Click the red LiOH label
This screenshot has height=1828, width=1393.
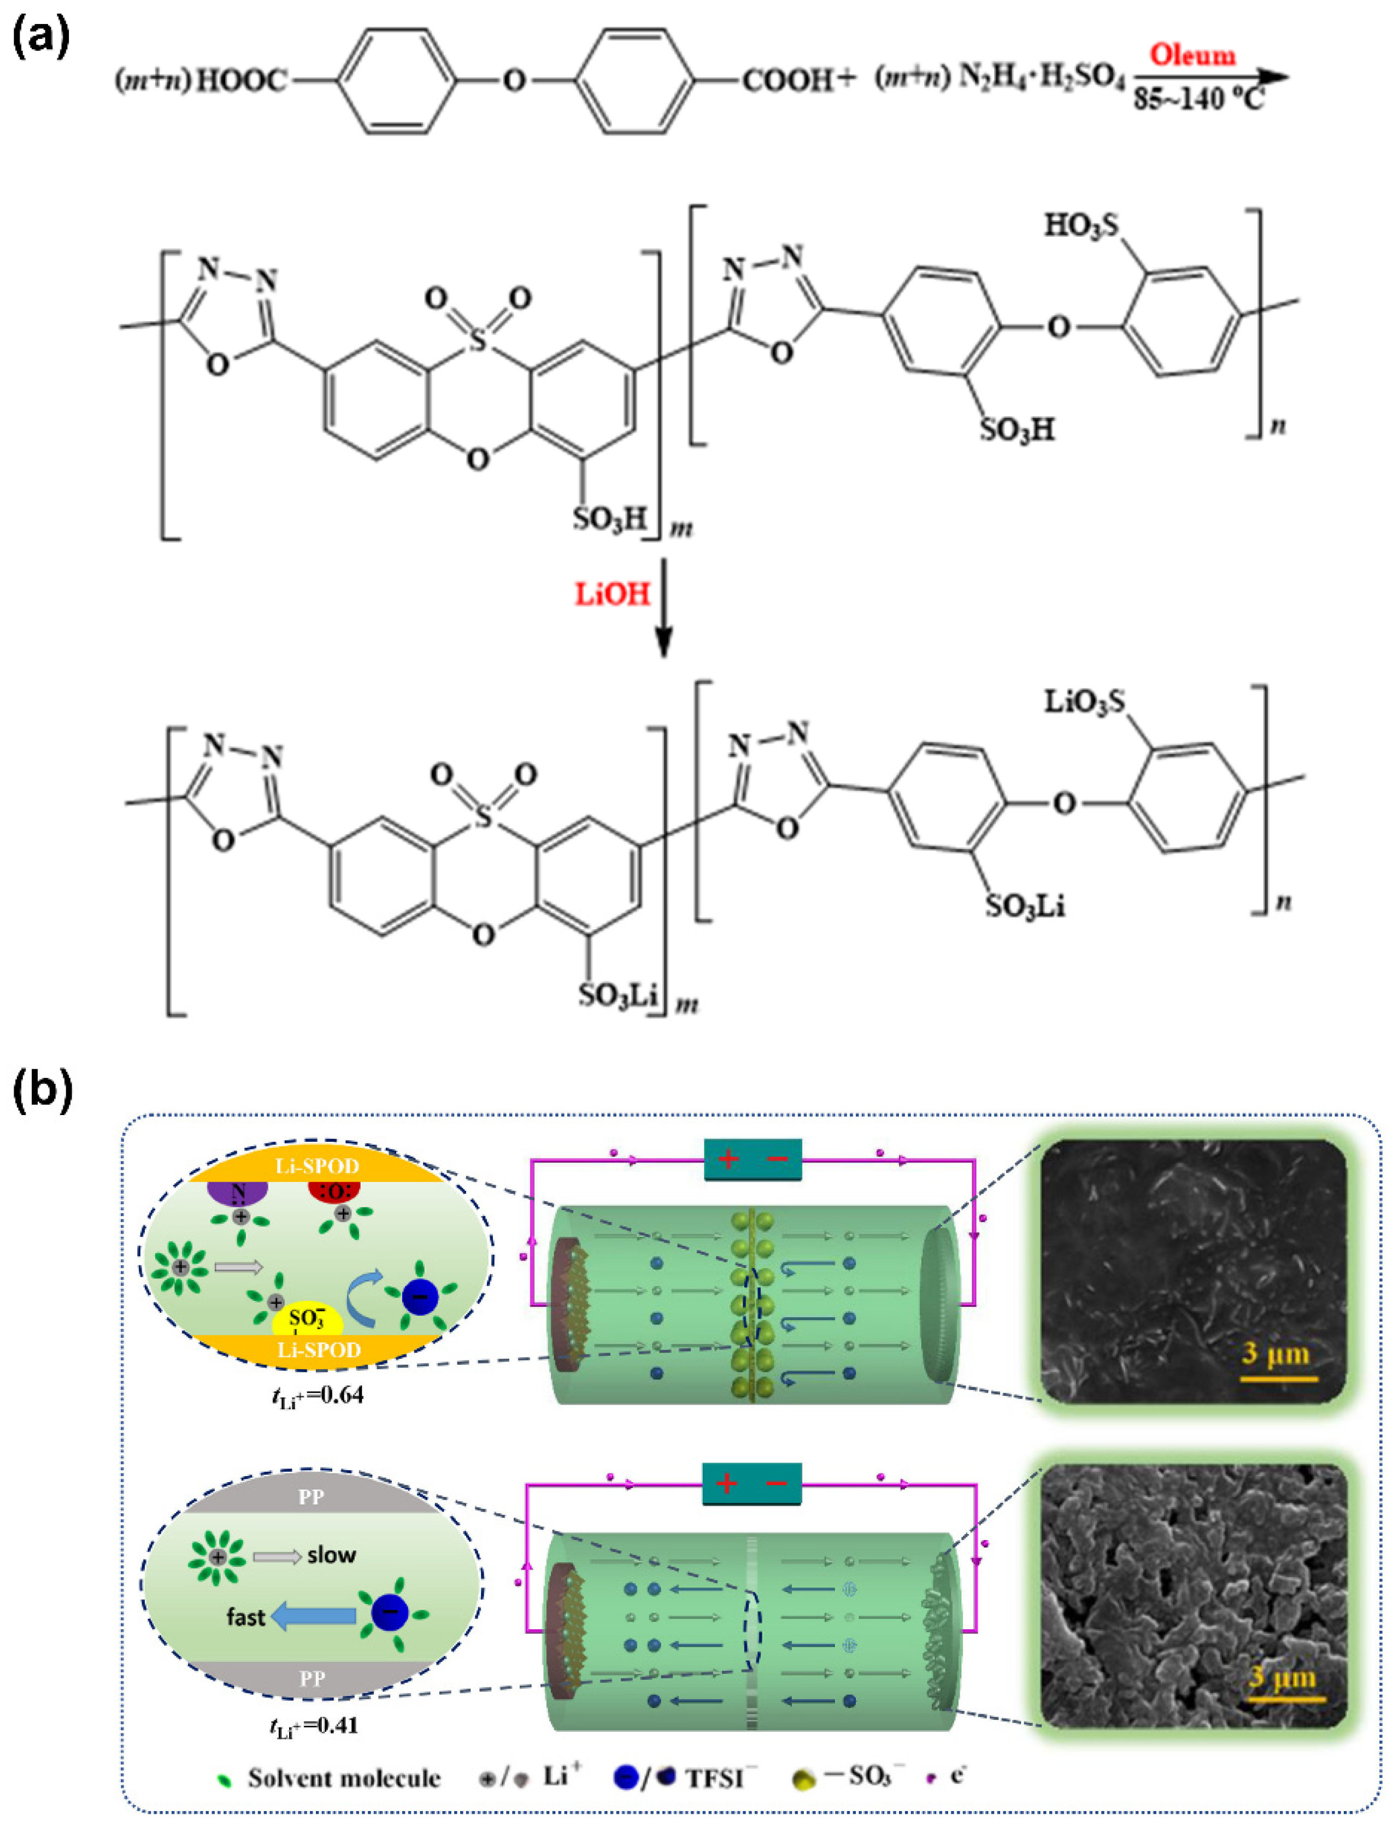pos(613,594)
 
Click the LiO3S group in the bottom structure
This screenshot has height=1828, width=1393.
pos(1084,702)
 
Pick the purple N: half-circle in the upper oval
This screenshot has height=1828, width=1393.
pos(238,1193)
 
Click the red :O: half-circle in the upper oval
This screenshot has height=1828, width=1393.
pos(333,1192)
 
